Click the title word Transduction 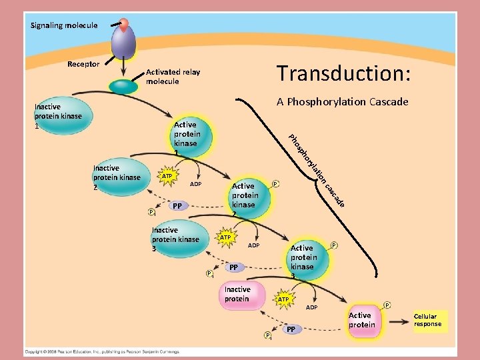click(343, 74)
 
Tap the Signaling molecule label click(64, 25)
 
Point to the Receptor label click(83, 64)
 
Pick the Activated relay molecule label click(173, 77)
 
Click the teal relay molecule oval click(123, 86)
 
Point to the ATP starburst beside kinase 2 click(167, 176)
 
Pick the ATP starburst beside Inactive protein click(283, 300)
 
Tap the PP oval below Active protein click(291, 329)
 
